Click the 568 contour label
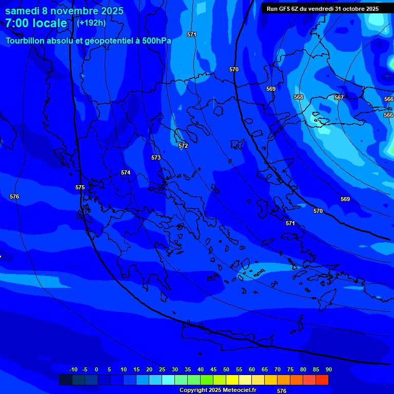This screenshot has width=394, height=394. point(299,97)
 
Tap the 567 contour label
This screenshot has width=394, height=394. point(339,97)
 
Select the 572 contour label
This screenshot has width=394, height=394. point(183,146)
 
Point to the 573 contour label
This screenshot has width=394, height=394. point(156,157)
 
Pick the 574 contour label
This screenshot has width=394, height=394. point(126,172)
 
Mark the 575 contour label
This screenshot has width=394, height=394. point(80,187)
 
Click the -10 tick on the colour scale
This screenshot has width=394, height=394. point(73,369)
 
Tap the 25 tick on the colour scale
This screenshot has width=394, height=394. point(162,369)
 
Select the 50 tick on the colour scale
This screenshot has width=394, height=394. point(226,369)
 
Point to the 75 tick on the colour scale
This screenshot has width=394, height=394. point(290,369)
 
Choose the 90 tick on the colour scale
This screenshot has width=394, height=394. point(329,369)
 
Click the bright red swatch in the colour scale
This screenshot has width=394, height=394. point(322,380)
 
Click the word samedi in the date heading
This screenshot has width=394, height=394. point(23,11)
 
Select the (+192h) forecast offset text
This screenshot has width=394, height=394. point(91,23)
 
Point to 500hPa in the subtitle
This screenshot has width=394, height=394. point(153,41)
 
